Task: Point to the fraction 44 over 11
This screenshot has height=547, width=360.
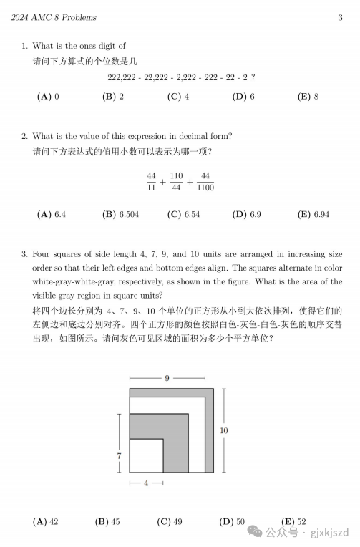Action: coord(152,182)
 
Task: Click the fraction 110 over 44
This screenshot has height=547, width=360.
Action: coord(176,182)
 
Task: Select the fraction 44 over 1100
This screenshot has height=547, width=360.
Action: coord(205,182)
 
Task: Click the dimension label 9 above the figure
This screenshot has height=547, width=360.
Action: coord(167,377)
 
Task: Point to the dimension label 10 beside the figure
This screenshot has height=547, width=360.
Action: coord(224,430)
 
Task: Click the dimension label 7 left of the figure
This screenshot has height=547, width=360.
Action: coord(120,456)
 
